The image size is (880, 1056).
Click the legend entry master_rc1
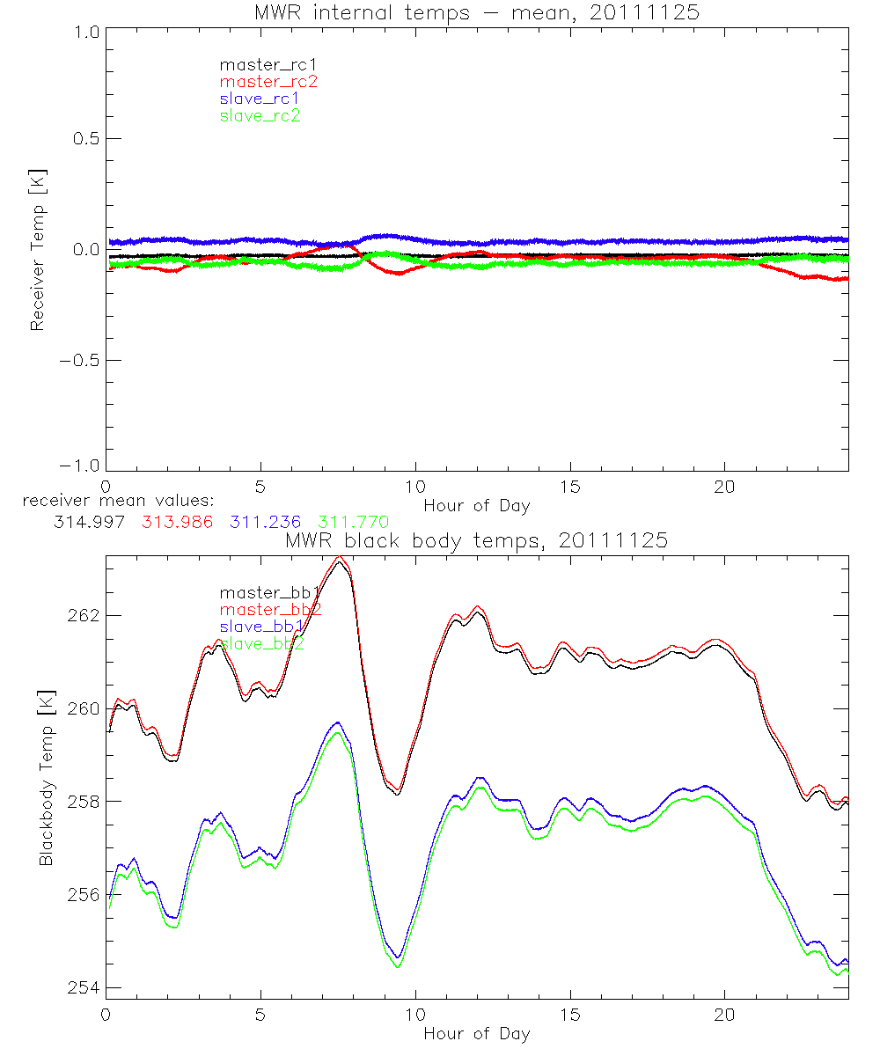coord(260,65)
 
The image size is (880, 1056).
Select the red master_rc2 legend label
coord(268,82)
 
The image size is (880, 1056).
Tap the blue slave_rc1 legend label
coord(260,99)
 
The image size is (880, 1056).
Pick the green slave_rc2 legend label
coord(260,115)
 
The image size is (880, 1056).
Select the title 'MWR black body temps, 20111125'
coord(476,540)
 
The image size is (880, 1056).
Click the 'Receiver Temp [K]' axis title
coord(37,249)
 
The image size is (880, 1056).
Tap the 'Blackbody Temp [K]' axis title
coord(46,777)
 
